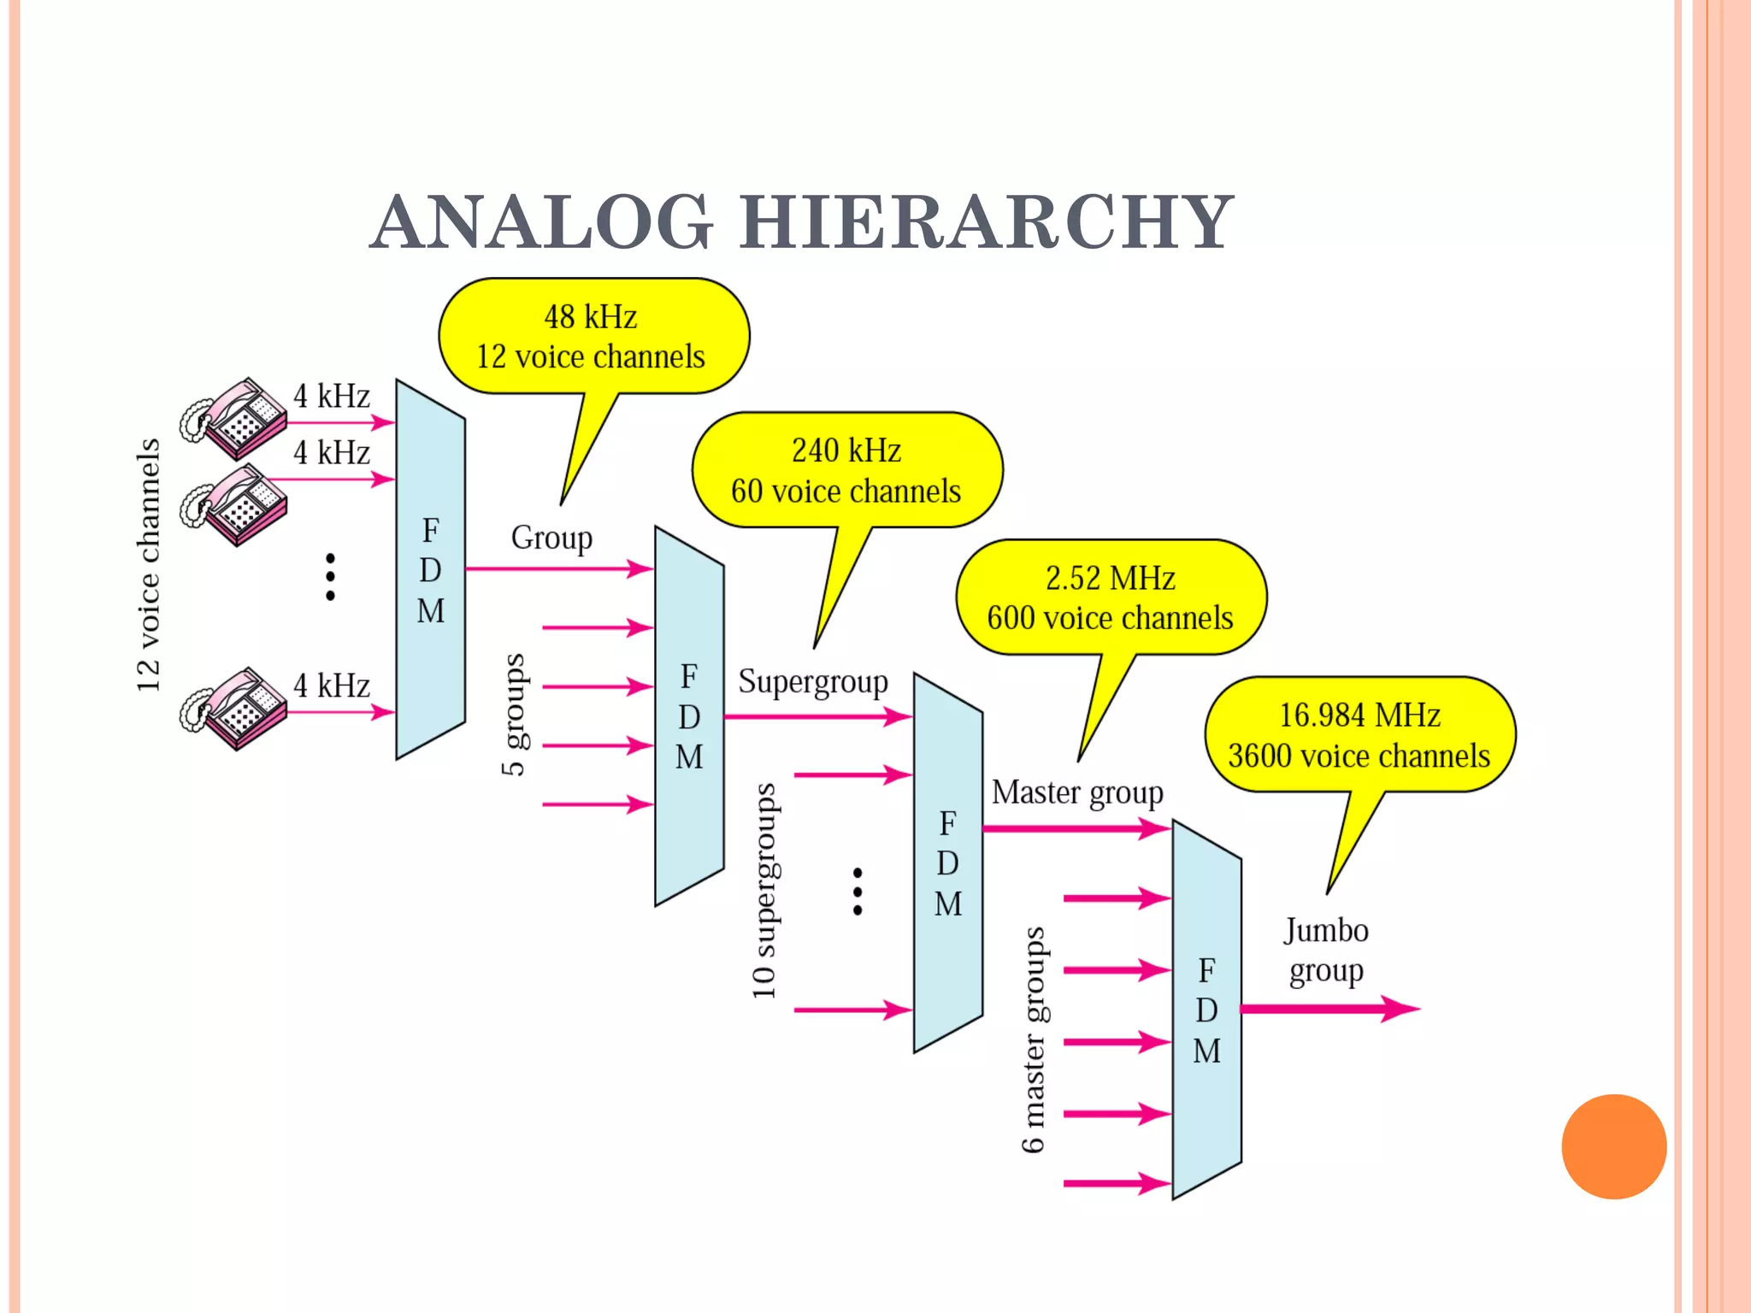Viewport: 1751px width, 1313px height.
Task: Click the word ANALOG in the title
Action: [542, 223]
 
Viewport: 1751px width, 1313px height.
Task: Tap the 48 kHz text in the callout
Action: [591, 317]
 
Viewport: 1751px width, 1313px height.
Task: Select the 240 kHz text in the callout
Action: [846, 450]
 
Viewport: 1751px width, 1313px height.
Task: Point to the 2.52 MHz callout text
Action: [1110, 579]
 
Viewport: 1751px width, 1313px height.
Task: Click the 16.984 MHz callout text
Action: [1359, 715]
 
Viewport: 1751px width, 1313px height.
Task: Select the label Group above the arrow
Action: [551, 538]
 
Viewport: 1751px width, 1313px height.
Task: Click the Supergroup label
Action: [813, 682]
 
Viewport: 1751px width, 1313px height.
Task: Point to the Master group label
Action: [1077, 792]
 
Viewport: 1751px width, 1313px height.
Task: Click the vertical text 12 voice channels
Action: [148, 565]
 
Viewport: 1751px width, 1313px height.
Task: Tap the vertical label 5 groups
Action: [513, 715]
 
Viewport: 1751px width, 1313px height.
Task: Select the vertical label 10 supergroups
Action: [763, 891]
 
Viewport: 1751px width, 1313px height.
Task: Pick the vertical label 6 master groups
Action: [1033, 1039]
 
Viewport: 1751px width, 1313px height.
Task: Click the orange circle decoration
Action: [1613, 1146]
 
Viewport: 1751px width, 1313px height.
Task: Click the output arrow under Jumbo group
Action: [1329, 1009]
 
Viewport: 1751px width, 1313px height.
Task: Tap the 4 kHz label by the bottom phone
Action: [332, 686]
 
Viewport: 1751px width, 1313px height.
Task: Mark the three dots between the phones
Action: [330, 577]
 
